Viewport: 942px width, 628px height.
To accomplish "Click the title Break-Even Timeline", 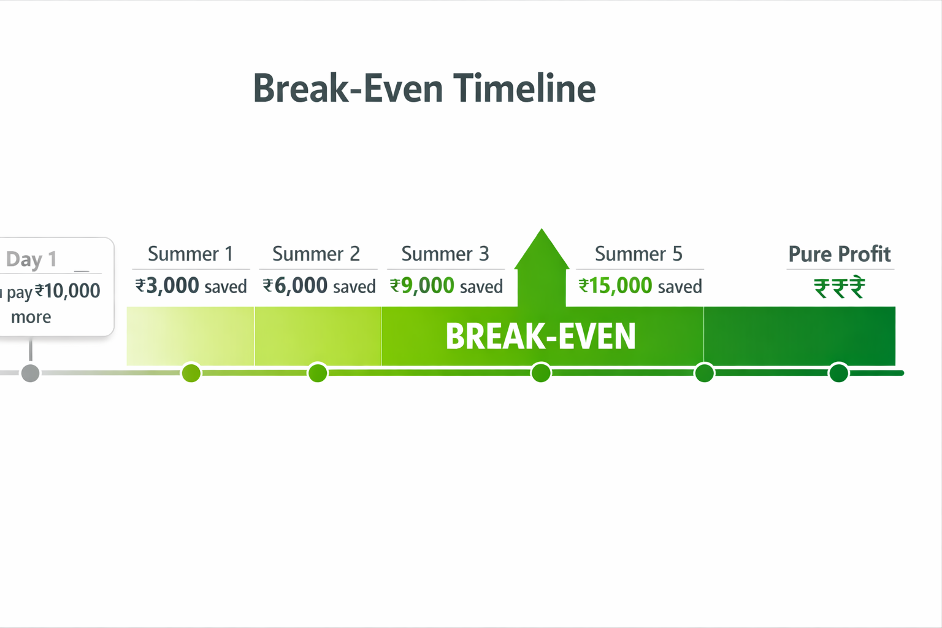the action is tap(424, 88).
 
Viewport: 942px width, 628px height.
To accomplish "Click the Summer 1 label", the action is tap(191, 254).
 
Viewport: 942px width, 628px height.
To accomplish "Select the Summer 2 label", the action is tap(316, 254).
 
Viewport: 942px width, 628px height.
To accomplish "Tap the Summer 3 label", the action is tap(445, 254).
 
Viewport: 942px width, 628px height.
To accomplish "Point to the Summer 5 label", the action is tap(639, 254).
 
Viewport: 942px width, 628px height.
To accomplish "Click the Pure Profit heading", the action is tap(840, 254).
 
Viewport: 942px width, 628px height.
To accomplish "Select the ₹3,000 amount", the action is tap(167, 285).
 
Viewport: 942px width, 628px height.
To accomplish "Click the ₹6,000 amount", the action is tap(295, 285).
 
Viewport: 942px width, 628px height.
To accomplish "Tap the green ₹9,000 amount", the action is tap(422, 285).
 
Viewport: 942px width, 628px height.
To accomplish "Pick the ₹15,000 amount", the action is tap(616, 285).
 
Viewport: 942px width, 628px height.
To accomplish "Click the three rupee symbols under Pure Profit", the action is tap(840, 288).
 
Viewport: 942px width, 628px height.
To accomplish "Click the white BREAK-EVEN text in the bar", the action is tap(541, 337).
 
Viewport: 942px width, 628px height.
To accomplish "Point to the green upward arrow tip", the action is tap(542, 229).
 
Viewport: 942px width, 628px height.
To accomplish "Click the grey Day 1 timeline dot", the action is tap(30, 373).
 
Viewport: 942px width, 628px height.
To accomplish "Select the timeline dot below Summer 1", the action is tap(191, 373).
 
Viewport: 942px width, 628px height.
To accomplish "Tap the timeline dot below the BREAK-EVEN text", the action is tap(542, 373).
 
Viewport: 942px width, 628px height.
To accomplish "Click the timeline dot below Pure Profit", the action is tap(839, 373).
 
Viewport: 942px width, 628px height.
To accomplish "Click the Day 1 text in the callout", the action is tap(31, 259).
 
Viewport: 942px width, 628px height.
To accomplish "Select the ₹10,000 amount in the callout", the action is tap(67, 291).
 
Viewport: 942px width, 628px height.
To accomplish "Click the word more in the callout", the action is tap(31, 316).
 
